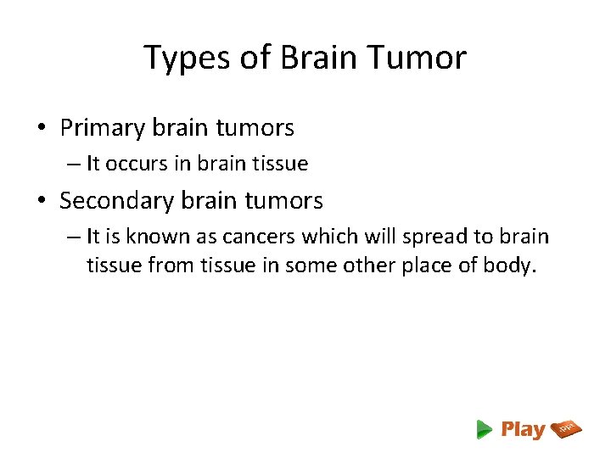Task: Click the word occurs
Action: click(x=137, y=164)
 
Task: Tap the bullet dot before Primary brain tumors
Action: click(x=42, y=129)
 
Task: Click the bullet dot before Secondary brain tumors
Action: click(x=42, y=202)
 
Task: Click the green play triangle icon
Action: click(x=485, y=429)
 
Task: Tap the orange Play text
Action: click(x=523, y=429)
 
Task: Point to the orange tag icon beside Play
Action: click(x=566, y=429)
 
